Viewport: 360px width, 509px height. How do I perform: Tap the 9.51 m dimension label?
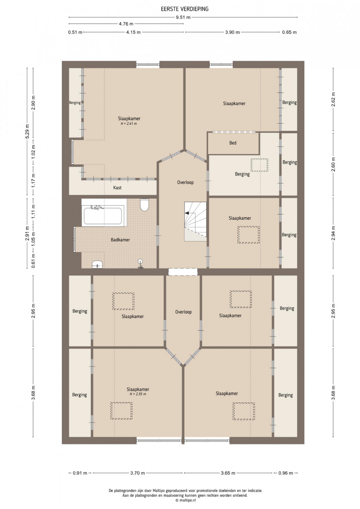point(183,17)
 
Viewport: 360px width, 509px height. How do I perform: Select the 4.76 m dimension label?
point(126,24)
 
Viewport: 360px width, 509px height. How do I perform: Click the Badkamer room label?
point(120,240)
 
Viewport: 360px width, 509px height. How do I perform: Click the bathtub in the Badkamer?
point(103,216)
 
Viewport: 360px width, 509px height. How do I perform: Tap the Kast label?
point(117,187)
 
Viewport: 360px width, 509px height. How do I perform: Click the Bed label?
point(233,143)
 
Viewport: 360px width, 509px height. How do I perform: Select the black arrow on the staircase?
point(187,213)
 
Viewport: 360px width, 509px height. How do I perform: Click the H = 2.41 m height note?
point(129,124)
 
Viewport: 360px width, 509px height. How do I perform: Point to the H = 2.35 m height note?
point(138,394)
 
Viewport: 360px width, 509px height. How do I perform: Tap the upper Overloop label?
point(185,182)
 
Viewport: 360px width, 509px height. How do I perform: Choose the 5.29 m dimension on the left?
point(27,132)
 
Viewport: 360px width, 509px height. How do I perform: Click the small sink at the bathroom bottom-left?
point(97,264)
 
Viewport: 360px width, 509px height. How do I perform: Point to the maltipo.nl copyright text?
point(186,500)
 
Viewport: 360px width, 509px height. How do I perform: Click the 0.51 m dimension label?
point(75,32)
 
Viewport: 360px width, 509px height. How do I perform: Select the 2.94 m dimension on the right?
point(333,233)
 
